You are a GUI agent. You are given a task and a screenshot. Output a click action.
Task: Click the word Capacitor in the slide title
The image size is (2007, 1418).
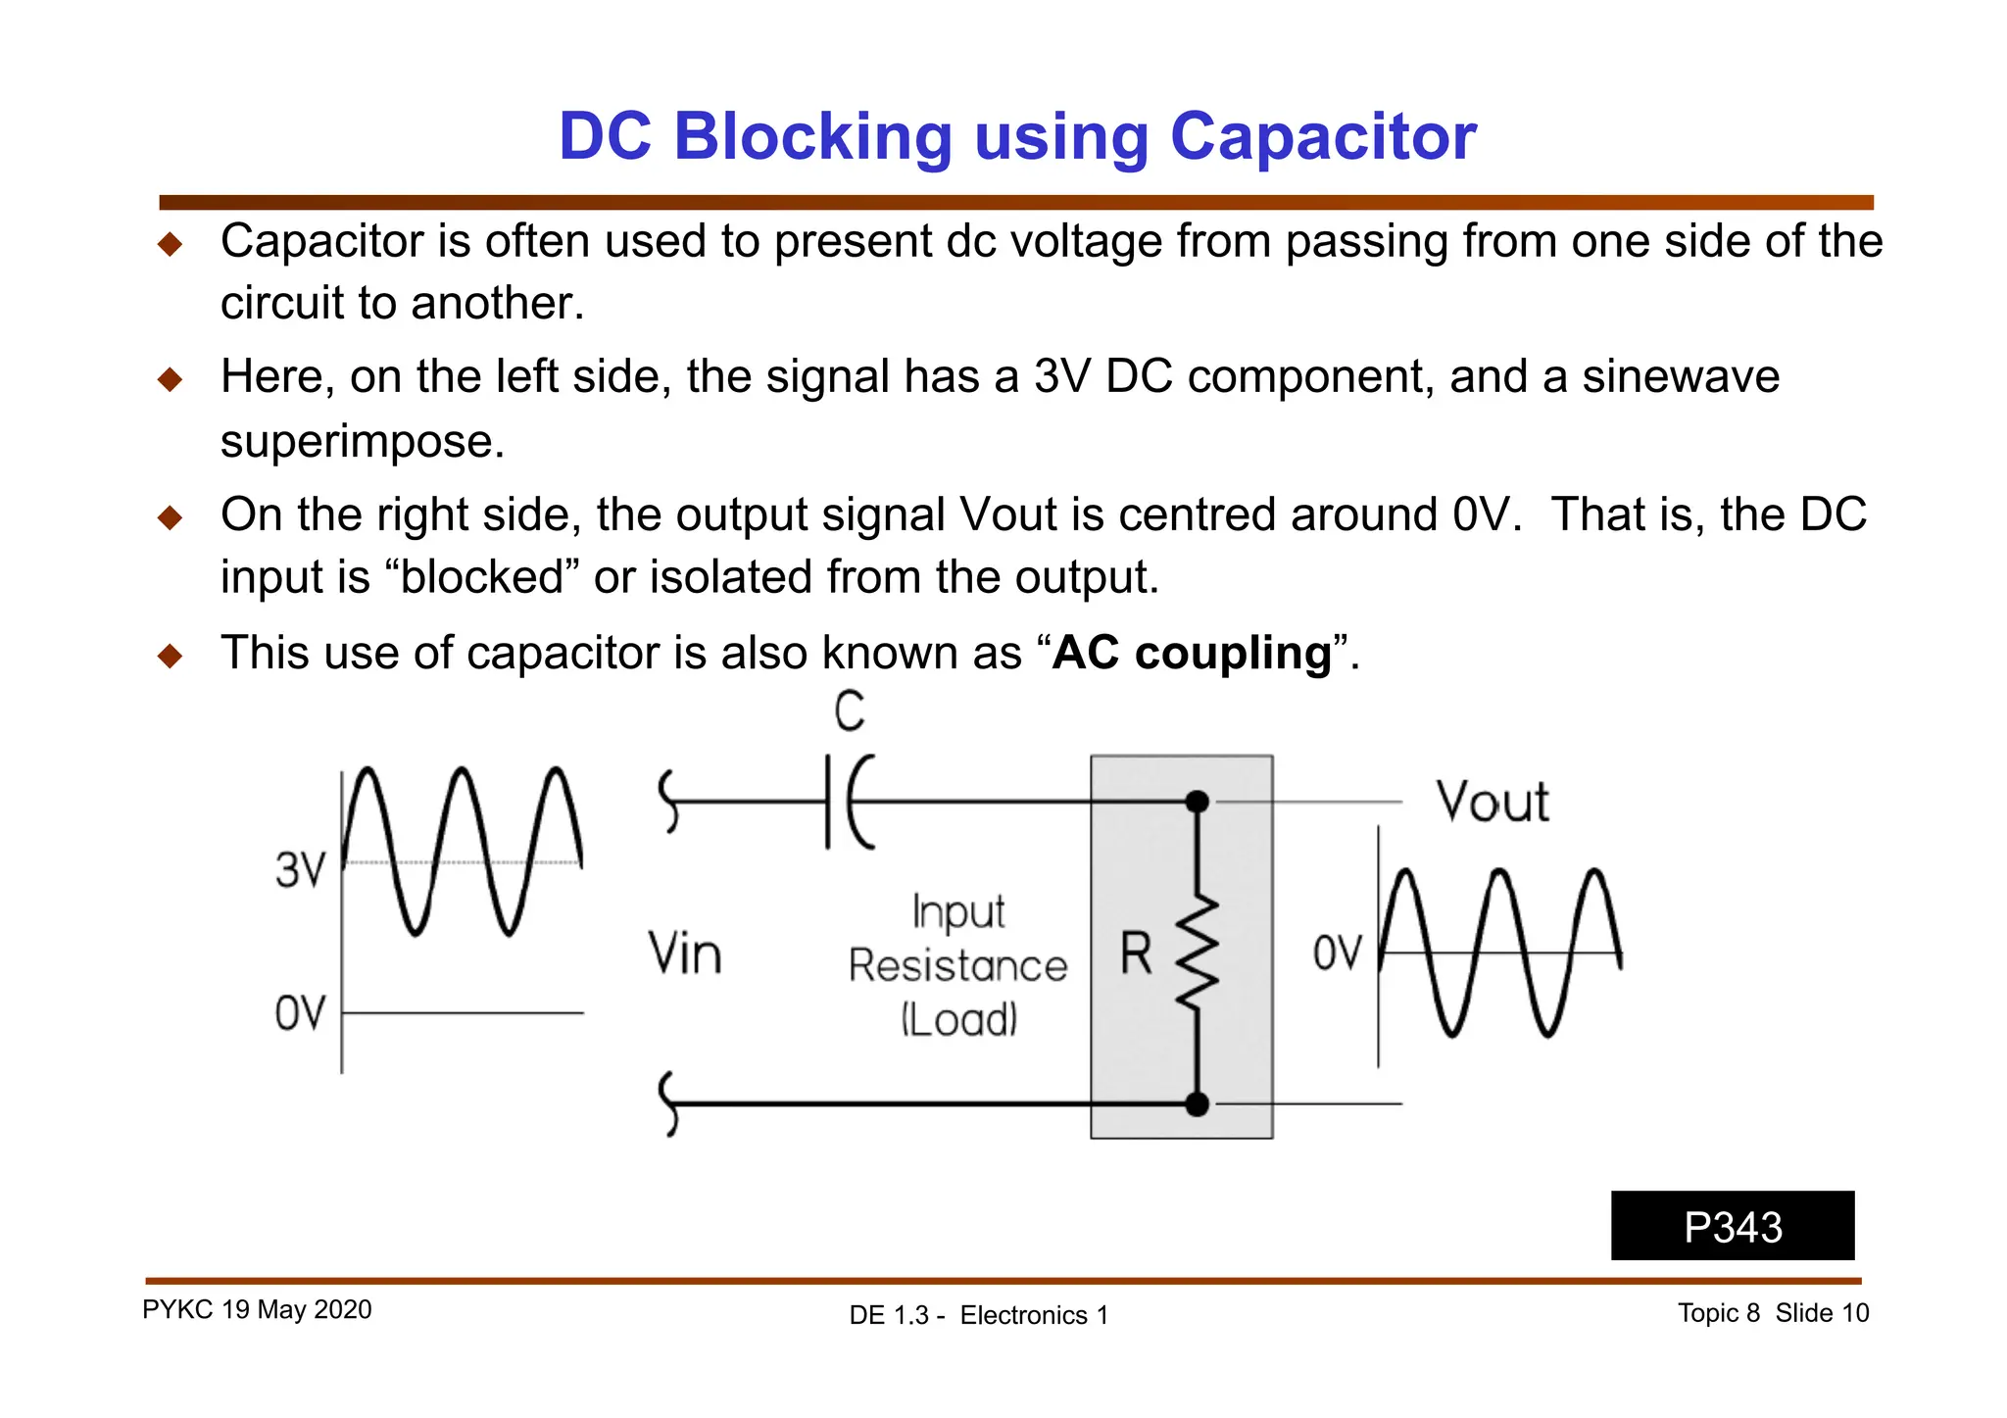(x=1322, y=137)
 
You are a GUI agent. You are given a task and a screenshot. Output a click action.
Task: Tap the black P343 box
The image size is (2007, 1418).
(x=1732, y=1226)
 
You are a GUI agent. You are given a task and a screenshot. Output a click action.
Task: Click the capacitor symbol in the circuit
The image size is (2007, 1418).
(x=847, y=802)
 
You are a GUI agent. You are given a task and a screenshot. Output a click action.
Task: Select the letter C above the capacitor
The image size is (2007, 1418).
(x=850, y=711)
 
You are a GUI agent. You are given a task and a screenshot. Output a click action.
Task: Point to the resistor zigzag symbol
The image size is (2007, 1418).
(x=1198, y=952)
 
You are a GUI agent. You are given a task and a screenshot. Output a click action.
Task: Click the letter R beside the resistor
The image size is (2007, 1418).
(x=1136, y=953)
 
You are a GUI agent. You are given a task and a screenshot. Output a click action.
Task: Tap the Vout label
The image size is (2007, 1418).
(x=1492, y=802)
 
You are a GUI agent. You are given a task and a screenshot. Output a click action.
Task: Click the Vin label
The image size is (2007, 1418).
(x=685, y=953)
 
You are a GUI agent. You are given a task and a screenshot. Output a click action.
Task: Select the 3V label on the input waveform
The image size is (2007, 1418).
(x=300, y=869)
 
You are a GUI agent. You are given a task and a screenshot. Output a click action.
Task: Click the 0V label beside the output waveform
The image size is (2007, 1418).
(x=1338, y=953)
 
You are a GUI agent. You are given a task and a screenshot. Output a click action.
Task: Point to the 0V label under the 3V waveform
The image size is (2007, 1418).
(x=300, y=1013)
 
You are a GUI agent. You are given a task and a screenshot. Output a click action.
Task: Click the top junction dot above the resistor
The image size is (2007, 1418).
(x=1197, y=802)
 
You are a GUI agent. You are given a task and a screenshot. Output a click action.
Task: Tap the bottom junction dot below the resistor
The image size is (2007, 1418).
(x=1197, y=1104)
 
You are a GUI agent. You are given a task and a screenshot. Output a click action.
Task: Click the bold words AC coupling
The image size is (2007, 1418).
(x=1191, y=653)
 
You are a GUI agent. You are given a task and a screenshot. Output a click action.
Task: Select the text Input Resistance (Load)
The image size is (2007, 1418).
(x=957, y=965)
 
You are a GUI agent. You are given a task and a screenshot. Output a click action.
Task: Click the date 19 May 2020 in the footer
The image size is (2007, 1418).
(x=296, y=1310)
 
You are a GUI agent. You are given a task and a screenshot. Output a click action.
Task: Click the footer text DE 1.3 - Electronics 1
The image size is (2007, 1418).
(x=978, y=1315)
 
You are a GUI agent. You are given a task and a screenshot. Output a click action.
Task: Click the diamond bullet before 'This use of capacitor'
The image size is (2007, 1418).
(x=171, y=655)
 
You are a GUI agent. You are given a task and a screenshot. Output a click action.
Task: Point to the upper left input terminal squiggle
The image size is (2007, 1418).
(x=669, y=801)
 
